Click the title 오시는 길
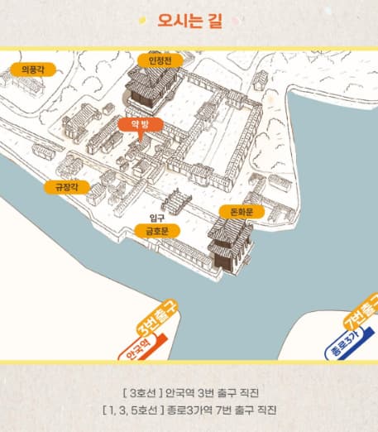188,20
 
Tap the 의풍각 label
32,70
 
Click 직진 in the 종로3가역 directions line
265,410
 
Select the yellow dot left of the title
143,20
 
